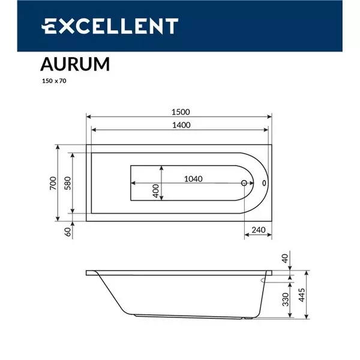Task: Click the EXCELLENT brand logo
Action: pyautogui.click(x=109, y=26)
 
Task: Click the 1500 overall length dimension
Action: pyautogui.click(x=180, y=111)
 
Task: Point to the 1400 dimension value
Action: pyautogui.click(x=180, y=125)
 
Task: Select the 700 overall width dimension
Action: pyautogui.click(x=53, y=183)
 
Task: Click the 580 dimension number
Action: pyautogui.click(x=68, y=183)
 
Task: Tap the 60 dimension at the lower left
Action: pyautogui.click(x=68, y=230)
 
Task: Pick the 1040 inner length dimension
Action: pyautogui.click(x=193, y=179)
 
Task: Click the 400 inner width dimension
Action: pyautogui.click(x=156, y=191)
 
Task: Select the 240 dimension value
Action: pyautogui.click(x=259, y=230)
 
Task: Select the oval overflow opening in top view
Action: pyautogui.click(x=265, y=184)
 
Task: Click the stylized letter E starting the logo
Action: pyautogui.click(x=47, y=26)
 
